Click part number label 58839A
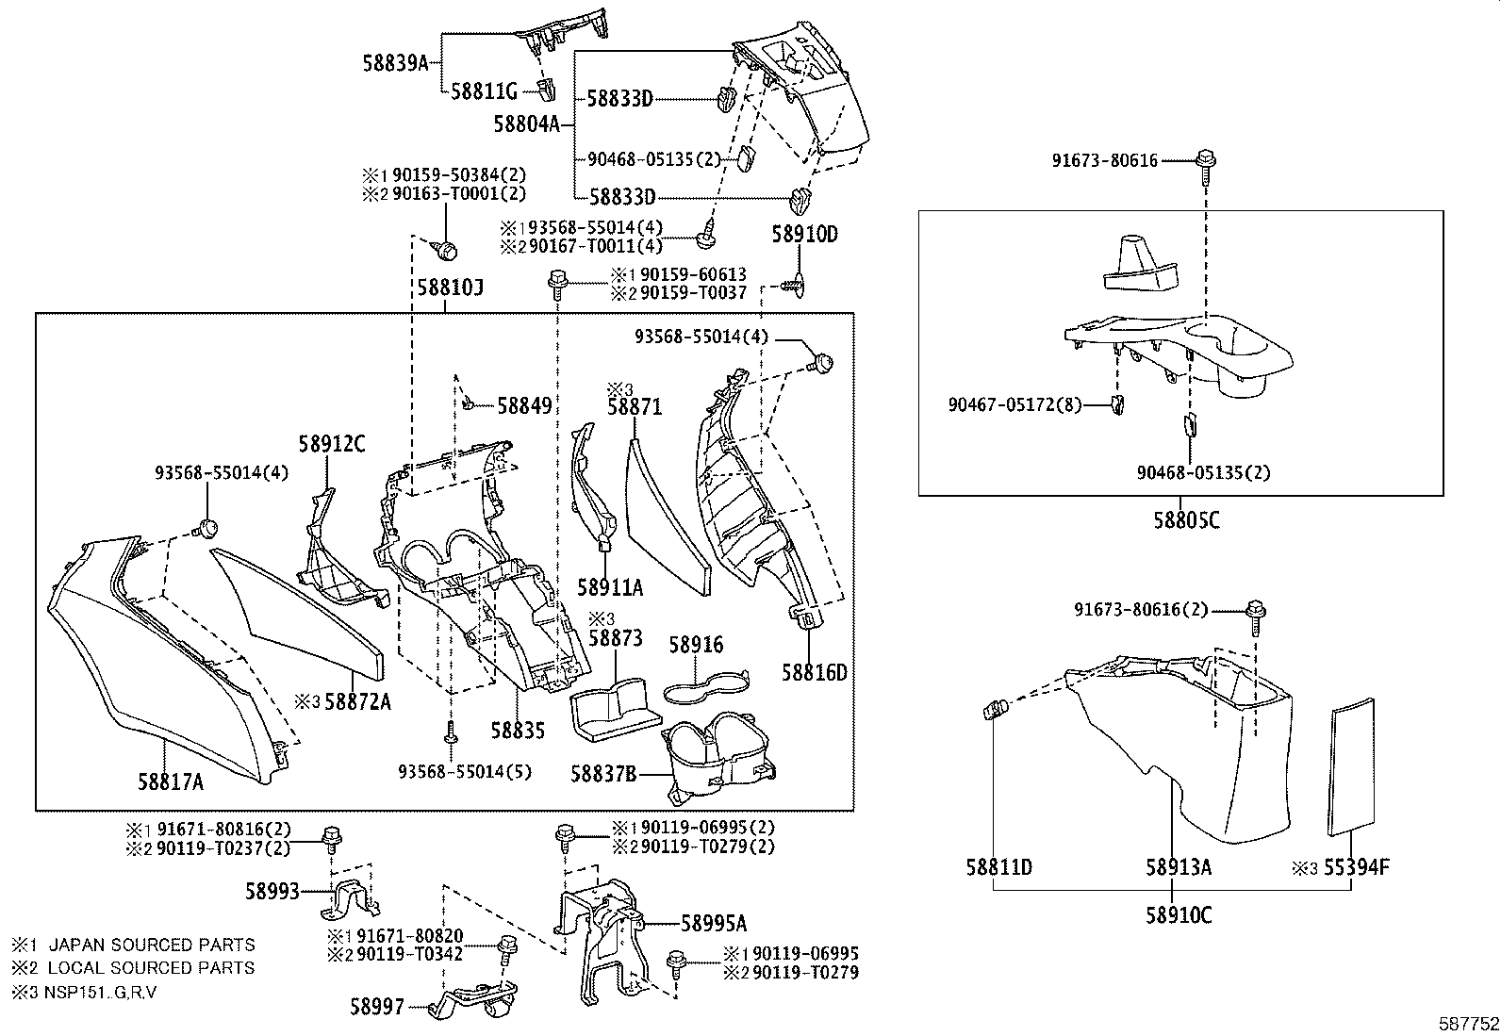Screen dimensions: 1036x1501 click(x=395, y=63)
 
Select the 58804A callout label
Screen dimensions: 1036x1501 click(x=526, y=123)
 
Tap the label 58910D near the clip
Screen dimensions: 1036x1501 click(x=804, y=235)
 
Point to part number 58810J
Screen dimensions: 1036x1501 click(x=451, y=287)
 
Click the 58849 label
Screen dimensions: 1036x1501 click(x=523, y=406)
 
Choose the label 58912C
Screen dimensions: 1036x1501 click(x=332, y=443)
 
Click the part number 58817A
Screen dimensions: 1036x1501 click(x=171, y=781)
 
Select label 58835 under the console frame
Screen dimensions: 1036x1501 click(x=518, y=730)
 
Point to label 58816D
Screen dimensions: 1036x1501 click(x=814, y=672)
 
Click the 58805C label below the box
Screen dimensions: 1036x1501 click(x=1181, y=519)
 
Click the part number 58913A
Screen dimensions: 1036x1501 click(x=1179, y=867)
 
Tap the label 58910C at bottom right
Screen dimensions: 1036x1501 click(x=1179, y=915)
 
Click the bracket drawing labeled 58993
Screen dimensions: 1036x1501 click(x=351, y=900)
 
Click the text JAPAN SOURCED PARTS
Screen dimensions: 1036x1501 click(x=151, y=945)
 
